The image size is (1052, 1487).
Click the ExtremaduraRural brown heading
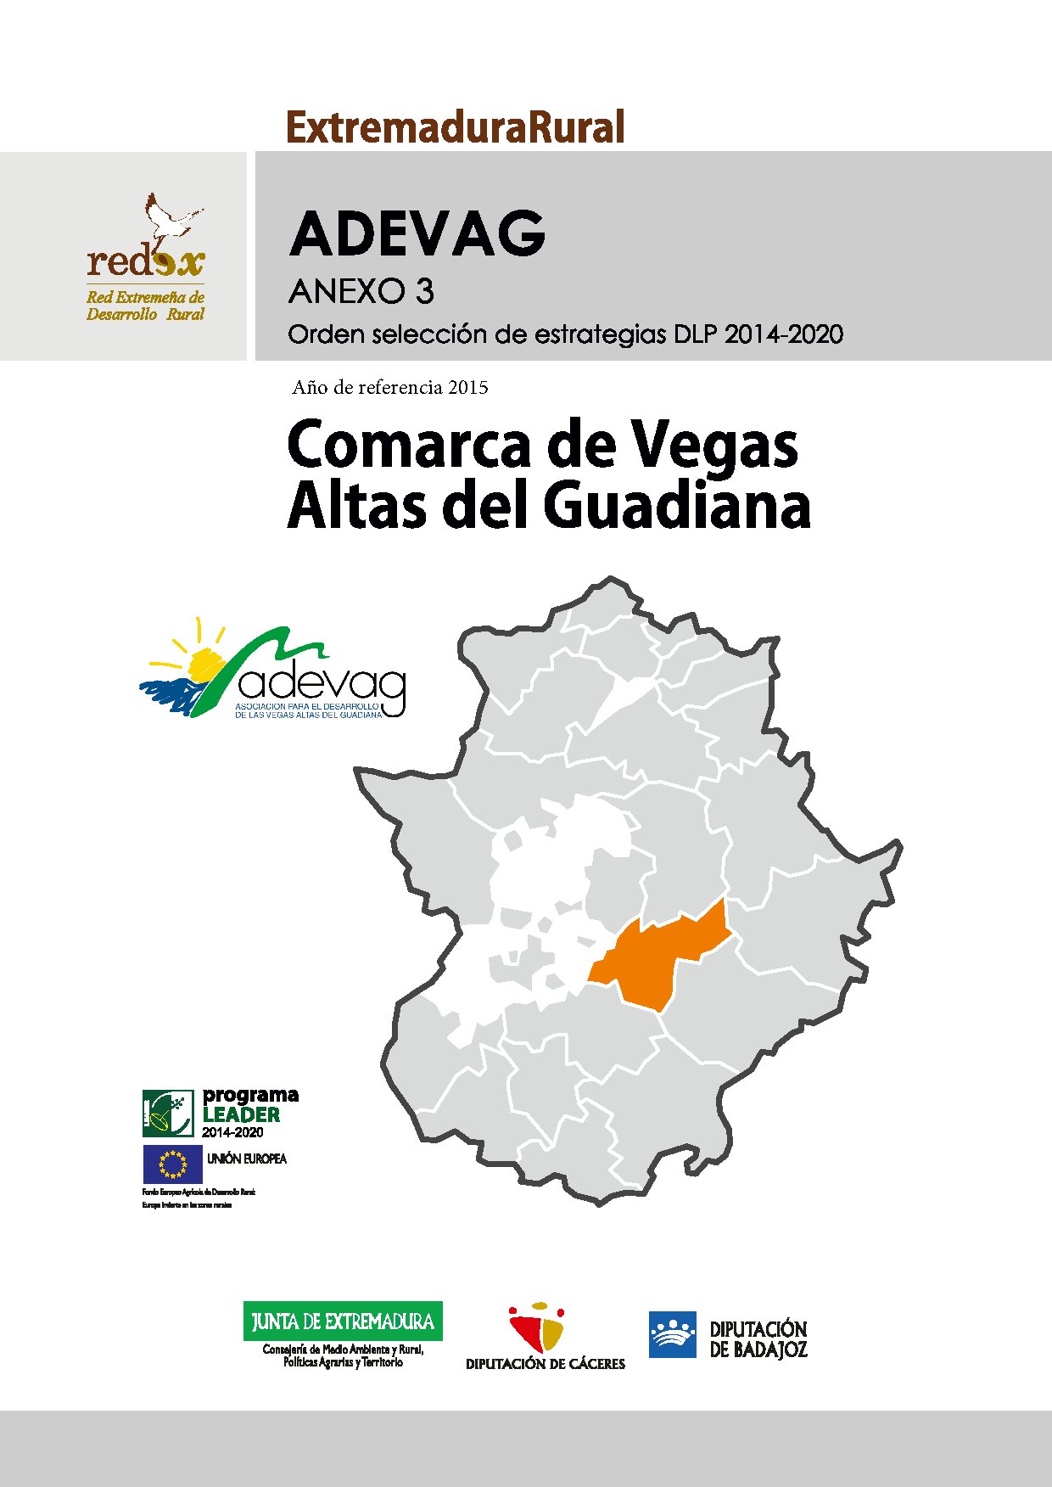click(456, 127)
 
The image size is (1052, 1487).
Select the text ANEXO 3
click(361, 292)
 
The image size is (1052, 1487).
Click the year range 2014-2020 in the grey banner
click(784, 334)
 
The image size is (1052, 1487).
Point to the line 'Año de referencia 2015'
click(390, 388)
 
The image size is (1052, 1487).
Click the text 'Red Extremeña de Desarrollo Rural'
click(145, 306)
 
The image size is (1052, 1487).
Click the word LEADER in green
click(241, 1114)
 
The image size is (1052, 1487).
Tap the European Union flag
click(172, 1164)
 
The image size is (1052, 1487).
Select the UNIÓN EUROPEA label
click(247, 1159)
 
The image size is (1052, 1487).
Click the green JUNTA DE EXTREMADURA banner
click(343, 1321)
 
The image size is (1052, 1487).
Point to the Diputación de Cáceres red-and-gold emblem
click(536, 1327)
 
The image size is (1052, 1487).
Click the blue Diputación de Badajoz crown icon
click(672, 1334)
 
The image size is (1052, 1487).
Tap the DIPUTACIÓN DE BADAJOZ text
click(758, 1338)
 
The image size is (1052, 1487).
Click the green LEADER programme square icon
click(168, 1114)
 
